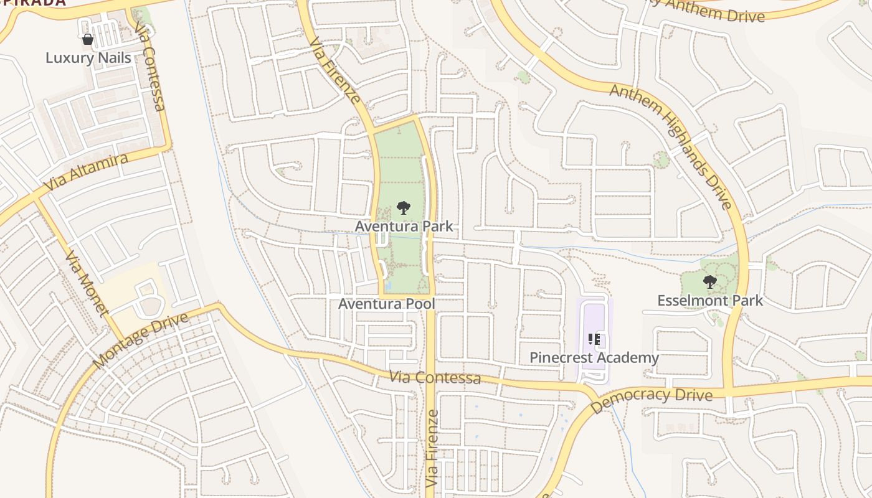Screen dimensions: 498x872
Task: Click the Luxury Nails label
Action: click(x=88, y=58)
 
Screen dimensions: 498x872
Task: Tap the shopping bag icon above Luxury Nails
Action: click(x=88, y=39)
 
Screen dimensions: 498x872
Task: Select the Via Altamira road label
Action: click(x=87, y=172)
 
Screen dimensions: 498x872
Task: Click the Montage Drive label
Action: click(x=140, y=340)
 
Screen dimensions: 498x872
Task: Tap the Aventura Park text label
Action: click(x=404, y=225)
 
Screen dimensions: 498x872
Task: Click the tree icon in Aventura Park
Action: click(x=404, y=208)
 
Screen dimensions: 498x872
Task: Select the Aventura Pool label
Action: click(x=386, y=304)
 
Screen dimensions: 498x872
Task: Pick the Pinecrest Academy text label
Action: click(x=594, y=357)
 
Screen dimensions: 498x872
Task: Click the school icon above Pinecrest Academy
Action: click(x=594, y=339)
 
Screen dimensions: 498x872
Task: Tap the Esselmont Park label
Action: click(x=710, y=301)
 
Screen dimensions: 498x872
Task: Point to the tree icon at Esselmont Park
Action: click(x=709, y=282)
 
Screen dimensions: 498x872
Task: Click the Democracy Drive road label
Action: click(x=651, y=400)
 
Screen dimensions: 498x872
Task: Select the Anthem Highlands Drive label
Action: click(x=670, y=147)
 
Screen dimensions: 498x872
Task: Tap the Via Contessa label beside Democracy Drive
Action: click(x=435, y=377)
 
